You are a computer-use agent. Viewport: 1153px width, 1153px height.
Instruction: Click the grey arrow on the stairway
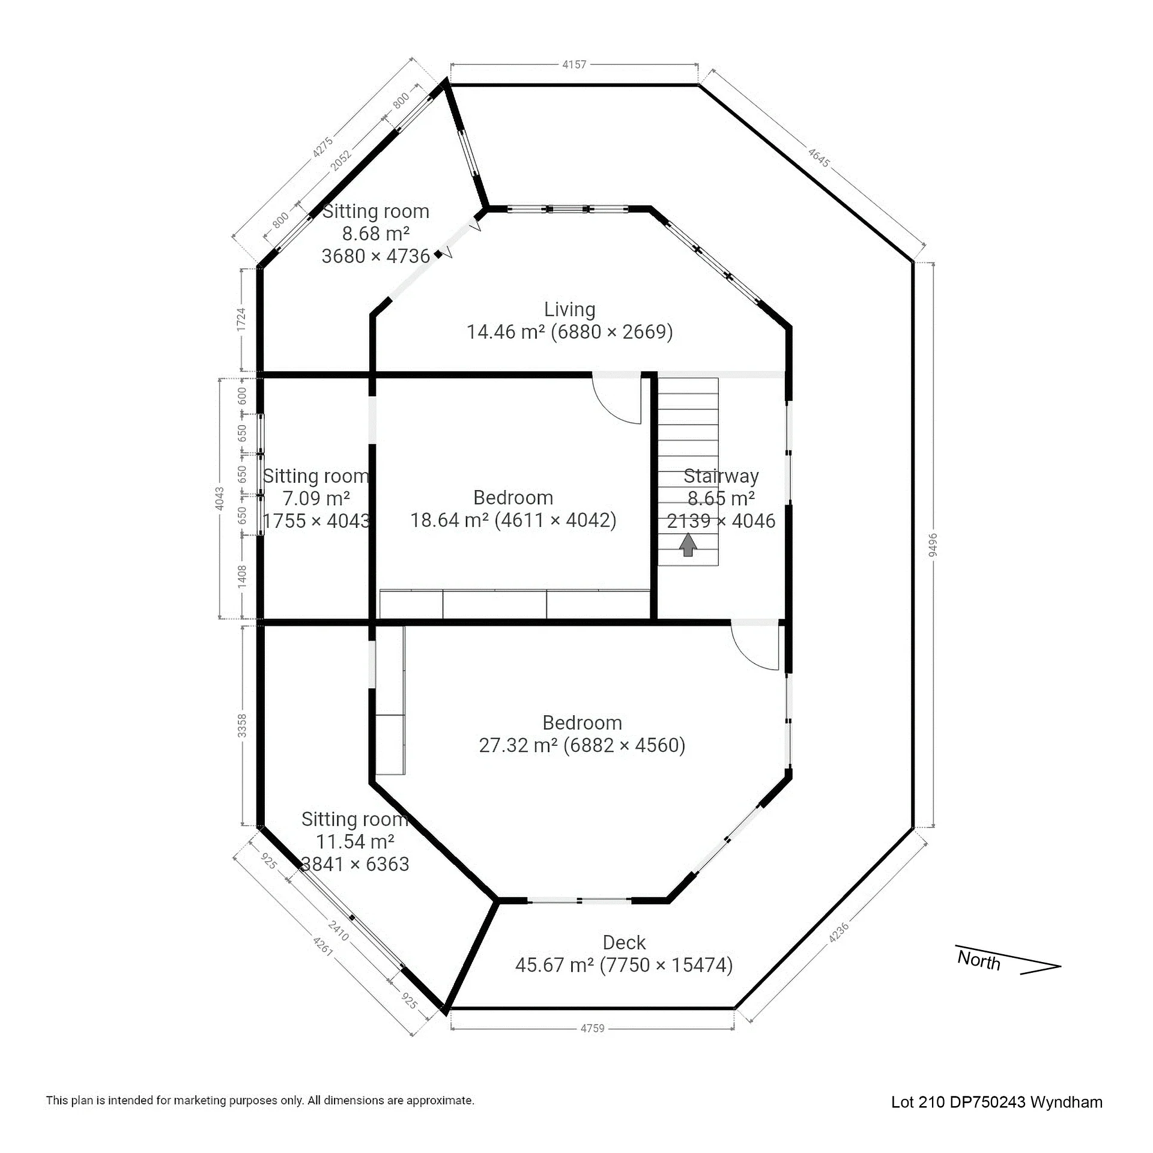688,545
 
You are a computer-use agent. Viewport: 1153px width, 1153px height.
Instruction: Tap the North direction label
979,960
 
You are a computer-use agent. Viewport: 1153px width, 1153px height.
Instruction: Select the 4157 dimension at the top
574,64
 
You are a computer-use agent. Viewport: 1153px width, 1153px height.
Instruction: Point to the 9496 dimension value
933,545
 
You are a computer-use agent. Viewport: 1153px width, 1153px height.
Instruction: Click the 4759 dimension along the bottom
592,1029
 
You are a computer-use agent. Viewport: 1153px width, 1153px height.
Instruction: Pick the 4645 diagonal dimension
819,158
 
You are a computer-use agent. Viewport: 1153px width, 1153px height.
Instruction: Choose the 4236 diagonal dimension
839,932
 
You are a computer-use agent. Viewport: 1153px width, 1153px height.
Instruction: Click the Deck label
625,943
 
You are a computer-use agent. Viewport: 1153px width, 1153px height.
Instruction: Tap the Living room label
570,310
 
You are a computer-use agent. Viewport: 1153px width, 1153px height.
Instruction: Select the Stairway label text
721,476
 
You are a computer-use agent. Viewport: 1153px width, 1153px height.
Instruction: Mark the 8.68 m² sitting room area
376,234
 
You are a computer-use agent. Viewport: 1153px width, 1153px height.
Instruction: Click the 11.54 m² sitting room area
355,841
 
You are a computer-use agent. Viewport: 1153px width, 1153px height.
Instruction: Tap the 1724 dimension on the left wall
241,319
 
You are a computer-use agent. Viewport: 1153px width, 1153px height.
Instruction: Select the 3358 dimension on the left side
241,725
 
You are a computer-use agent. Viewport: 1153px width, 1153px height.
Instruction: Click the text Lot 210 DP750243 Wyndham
997,1103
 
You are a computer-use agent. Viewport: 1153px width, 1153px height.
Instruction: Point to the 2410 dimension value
339,930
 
